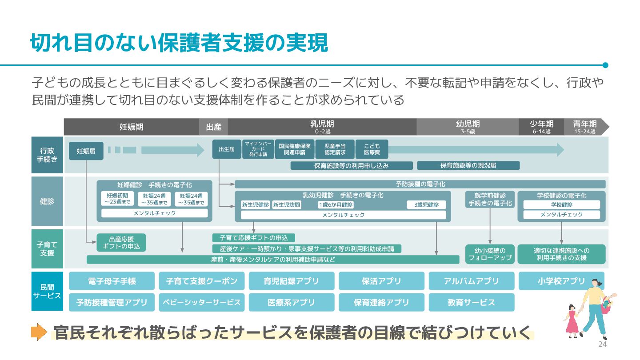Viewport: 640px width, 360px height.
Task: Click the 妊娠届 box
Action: pos(86,151)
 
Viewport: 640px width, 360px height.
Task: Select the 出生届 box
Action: pos(226,149)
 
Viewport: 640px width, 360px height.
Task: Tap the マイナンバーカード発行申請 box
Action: pos(258,149)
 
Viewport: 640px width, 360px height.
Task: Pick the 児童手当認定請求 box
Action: pos(335,149)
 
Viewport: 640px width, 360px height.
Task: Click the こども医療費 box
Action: pos(372,149)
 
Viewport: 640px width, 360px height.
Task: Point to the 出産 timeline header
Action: pos(213,127)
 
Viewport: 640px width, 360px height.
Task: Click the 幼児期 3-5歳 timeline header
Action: pos(468,127)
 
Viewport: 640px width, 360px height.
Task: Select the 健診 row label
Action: pos(47,201)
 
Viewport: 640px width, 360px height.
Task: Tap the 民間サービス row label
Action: pos(47,291)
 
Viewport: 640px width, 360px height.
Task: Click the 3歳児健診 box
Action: pos(426,205)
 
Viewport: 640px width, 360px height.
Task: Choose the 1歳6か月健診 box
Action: pos(336,205)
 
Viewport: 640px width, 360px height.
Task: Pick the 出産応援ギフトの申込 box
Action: pos(121,243)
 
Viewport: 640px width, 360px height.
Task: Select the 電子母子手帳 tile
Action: pos(112,281)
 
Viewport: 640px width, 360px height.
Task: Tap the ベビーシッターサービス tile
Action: pos(202,302)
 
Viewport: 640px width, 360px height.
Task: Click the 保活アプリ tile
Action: pos(381,281)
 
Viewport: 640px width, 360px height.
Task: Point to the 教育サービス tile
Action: pos(471,302)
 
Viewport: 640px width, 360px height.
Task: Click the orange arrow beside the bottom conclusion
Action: pos(39,332)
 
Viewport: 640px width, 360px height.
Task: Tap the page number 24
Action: pos(602,345)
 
